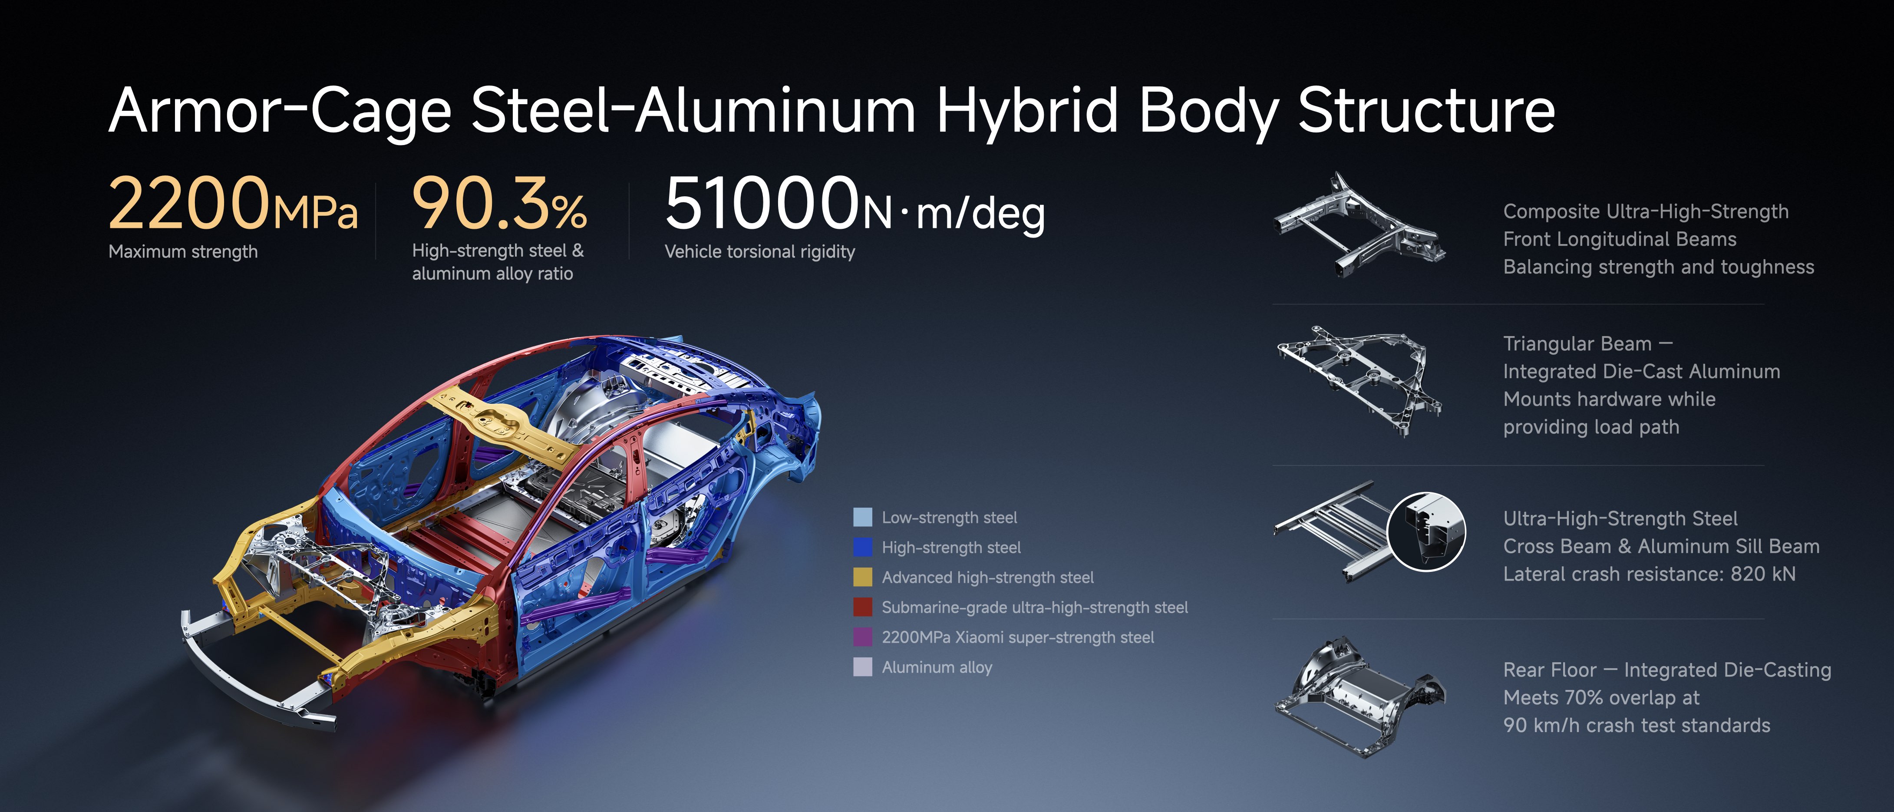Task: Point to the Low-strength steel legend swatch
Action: tap(862, 517)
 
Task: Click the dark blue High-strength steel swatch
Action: tap(862, 547)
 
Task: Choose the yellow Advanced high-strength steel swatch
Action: tap(862, 578)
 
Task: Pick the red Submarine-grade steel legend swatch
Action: tap(862, 607)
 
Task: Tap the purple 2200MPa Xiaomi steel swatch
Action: tap(862, 637)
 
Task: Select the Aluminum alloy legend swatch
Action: tap(862, 667)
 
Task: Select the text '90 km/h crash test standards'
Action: tap(1636, 725)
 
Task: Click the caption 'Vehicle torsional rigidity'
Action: tap(759, 251)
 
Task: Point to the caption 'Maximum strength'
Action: tap(183, 251)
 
